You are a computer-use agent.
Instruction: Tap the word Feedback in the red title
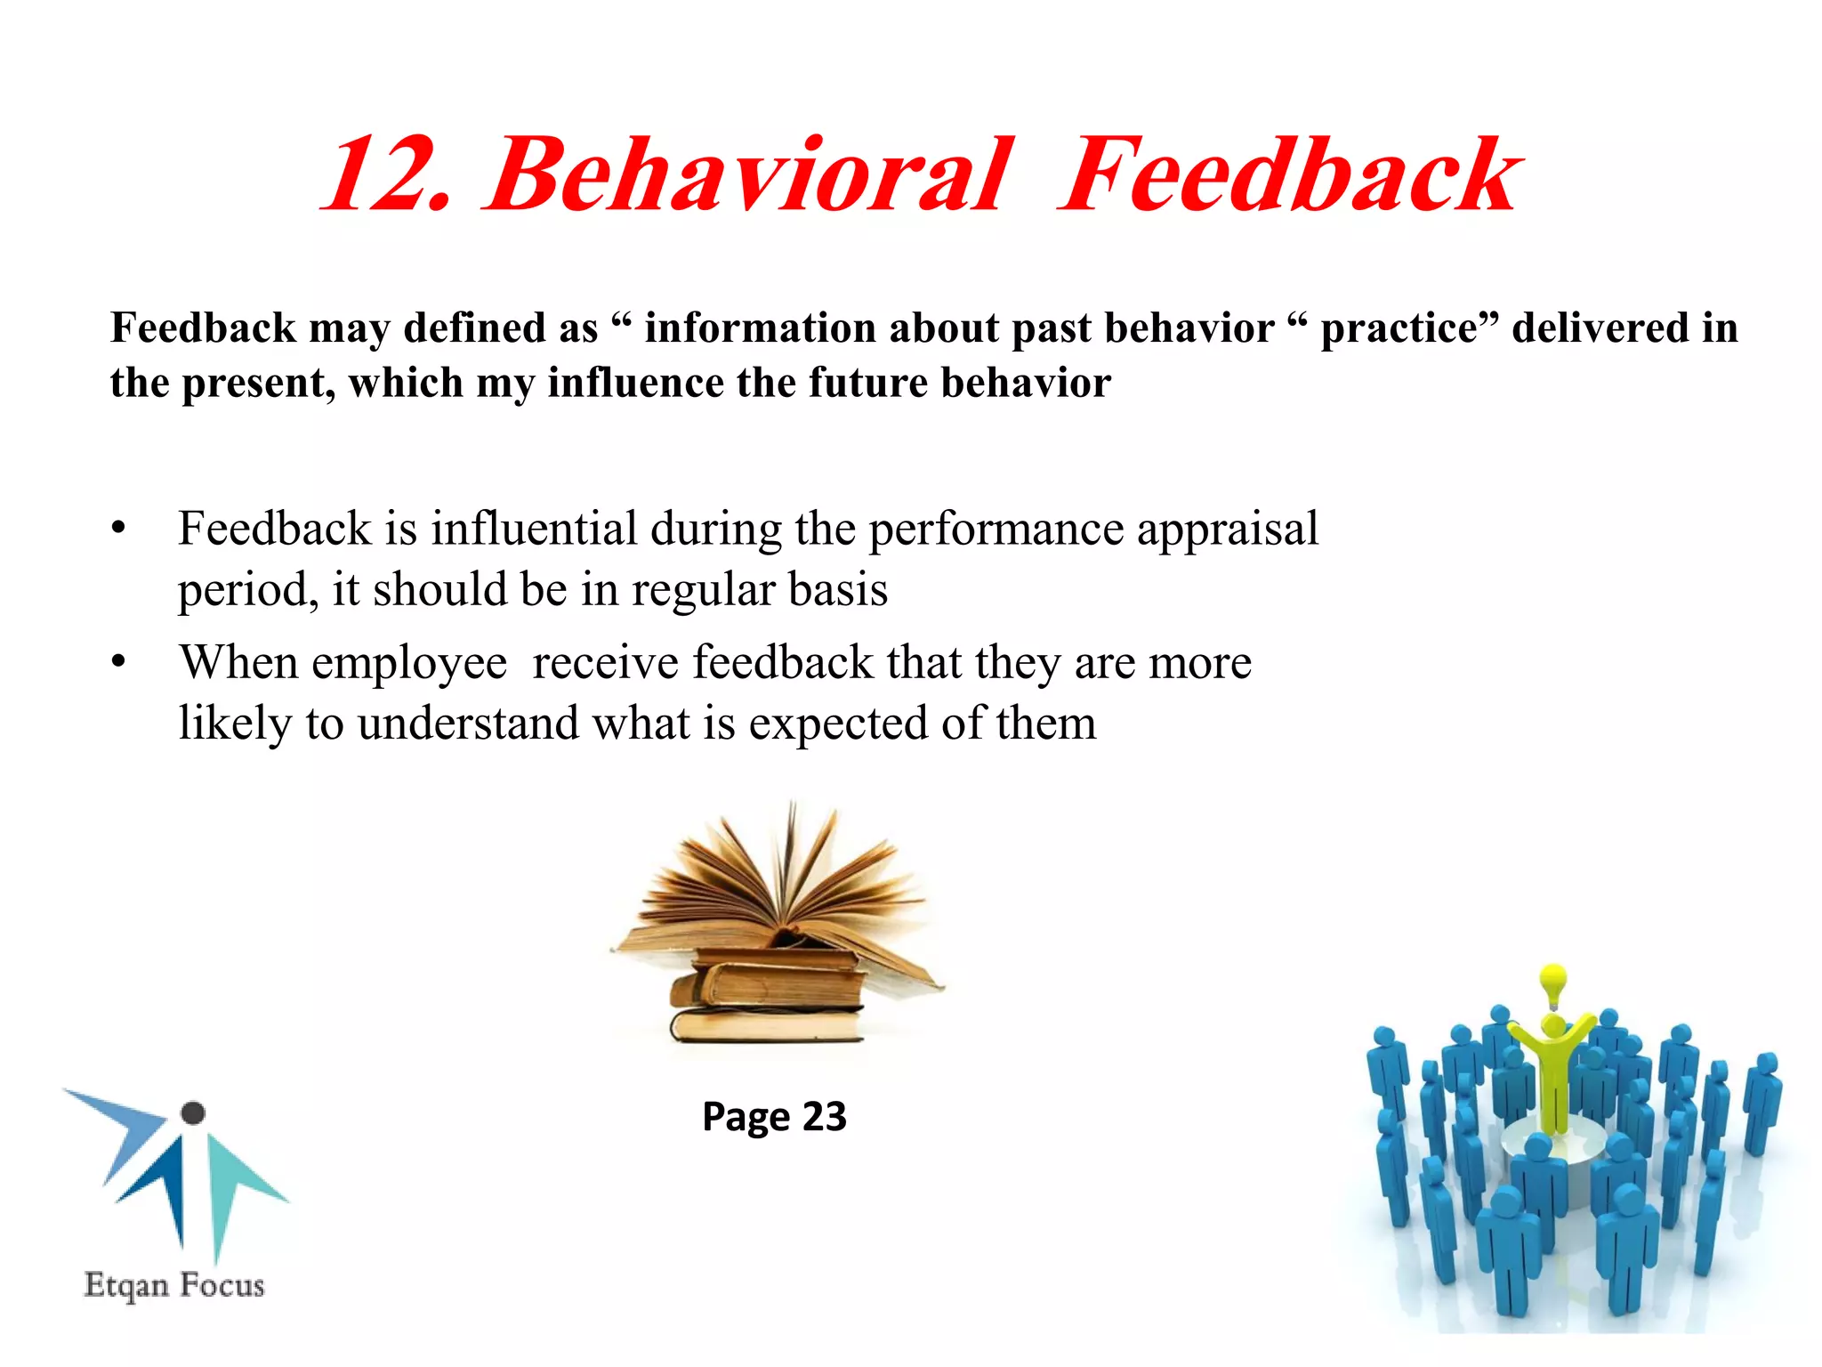1290,174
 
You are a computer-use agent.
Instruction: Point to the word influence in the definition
635,383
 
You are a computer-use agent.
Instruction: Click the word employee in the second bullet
409,664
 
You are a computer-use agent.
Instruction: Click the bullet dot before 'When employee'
119,663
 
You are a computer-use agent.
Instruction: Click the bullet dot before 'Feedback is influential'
119,529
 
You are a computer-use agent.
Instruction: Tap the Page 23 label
774,1116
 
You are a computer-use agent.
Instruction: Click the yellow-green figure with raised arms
1552,1068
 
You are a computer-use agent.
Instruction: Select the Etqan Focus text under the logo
174,1285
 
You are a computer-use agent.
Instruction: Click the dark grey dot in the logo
193,1112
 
